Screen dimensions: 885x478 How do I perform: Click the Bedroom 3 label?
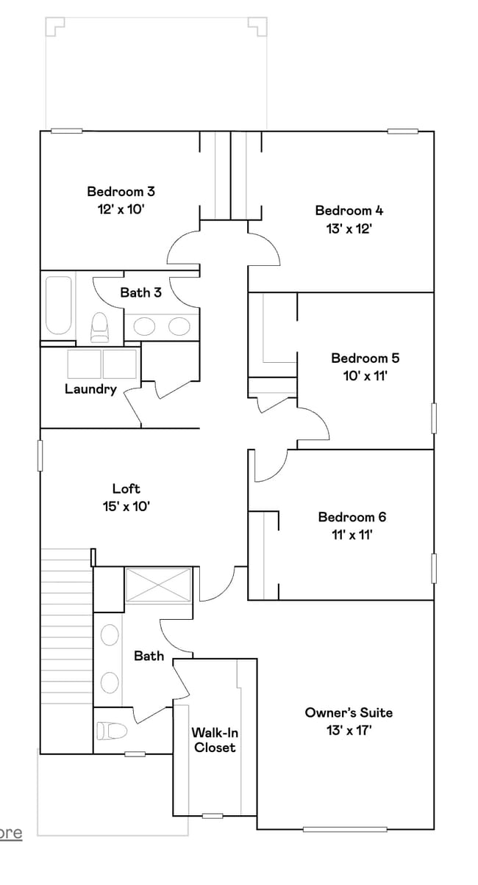pyautogui.click(x=121, y=192)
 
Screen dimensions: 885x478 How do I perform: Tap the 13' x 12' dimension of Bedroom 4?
pyautogui.click(x=349, y=228)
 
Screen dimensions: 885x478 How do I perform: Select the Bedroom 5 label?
pyautogui.click(x=365, y=358)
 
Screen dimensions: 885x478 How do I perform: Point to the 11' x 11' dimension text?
pyautogui.click(x=352, y=535)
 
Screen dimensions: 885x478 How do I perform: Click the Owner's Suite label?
pyautogui.click(x=349, y=712)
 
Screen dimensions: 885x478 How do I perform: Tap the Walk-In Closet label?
pyautogui.click(x=215, y=740)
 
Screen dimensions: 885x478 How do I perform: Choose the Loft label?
pyautogui.click(x=126, y=488)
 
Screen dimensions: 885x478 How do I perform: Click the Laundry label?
pyautogui.click(x=90, y=389)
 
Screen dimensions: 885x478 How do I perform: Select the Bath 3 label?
pyautogui.click(x=140, y=292)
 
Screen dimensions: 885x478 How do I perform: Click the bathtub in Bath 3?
pyautogui.click(x=58, y=305)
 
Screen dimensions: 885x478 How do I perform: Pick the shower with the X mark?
pyautogui.click(x=159, y=585)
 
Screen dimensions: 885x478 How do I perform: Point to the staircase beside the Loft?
pyautogui.click(x=65, y=650)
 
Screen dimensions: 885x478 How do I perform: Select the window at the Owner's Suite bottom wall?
pyautogui.click(x=344, y=830)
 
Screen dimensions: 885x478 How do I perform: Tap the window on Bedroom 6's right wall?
pyautogui.click(x=434, y=568)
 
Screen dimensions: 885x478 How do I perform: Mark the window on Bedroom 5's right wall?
pyautogui.click(x=434, y=418)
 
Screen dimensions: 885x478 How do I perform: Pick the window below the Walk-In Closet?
pyautogui.click(x=213, y=816)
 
